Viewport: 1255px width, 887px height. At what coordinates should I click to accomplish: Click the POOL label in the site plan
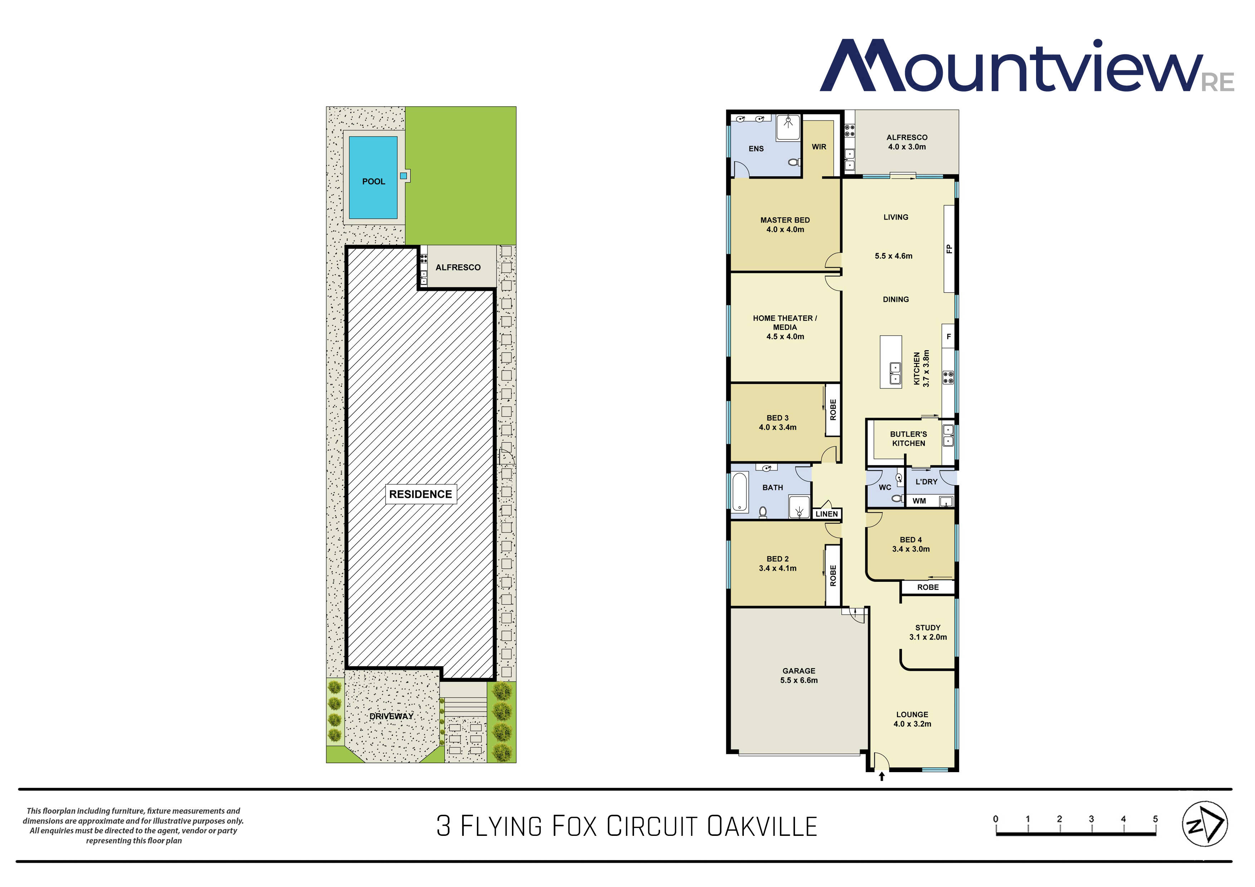pyautogui.click(x=373, y=181)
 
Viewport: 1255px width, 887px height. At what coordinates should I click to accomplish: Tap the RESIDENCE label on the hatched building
pyautogui.click(x=420, y=494)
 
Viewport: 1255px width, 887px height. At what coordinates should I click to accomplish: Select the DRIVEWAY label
pyautogui.click(x=391, y=716)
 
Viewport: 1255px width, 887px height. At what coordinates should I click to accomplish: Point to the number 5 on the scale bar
pyautogui.click(x=1156, y=819)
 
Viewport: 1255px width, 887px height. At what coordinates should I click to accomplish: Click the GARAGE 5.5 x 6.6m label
pyautogui.click(x=799, y=676)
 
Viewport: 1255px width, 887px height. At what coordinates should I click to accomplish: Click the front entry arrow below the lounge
pyautogui.click(x=881, y=776)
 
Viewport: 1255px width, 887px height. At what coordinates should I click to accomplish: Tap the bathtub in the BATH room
pyautogui.click(x=739, y=491)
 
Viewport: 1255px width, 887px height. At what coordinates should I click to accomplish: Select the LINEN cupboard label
pyautogui.click(x=826, y=514)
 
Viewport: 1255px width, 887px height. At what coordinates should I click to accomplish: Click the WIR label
pyautogui.click(x=819, y=147)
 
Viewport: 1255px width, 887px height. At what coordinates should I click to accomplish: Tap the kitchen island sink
pyautogui.click(x=895, y=373)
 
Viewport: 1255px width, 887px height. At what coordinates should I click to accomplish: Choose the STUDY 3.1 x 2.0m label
pyautogui.click(x=928, y=632)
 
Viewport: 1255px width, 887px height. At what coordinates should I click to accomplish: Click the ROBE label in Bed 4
pyautogui.click(x=928, y=588)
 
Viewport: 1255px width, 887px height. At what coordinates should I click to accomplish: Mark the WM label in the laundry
pyautogui.click(x=919, y=501)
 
